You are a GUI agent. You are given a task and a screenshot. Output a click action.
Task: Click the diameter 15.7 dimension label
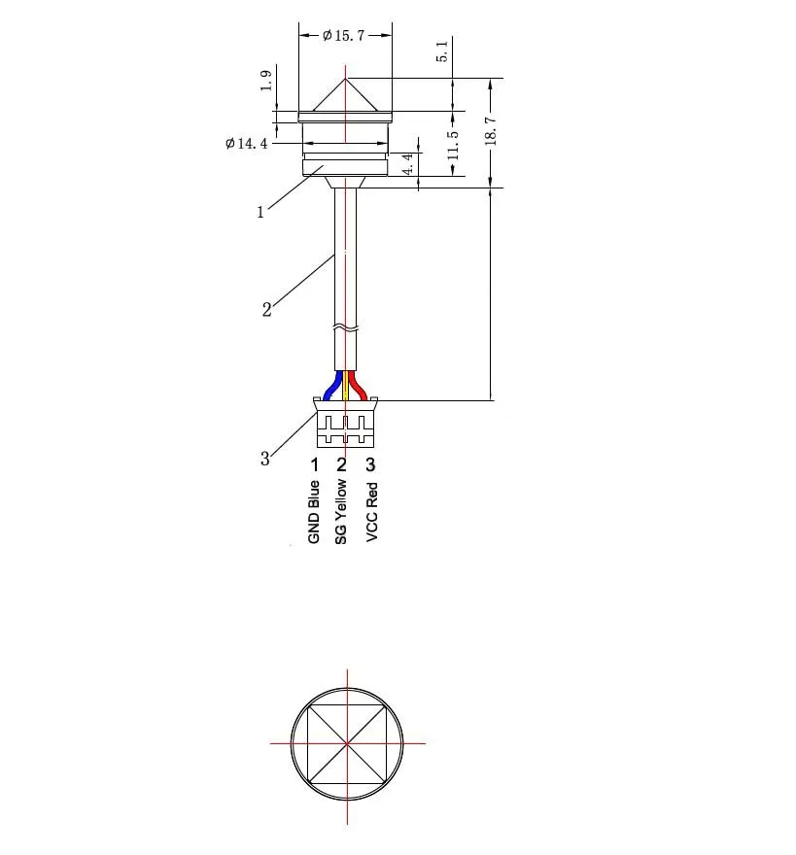(x=343, y=36)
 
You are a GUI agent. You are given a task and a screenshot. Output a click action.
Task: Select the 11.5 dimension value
(x=453, y=144)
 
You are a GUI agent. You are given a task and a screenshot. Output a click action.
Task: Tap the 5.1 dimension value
(x=442, y=51)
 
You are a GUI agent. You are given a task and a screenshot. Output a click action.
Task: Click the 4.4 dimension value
(x=408, y=162)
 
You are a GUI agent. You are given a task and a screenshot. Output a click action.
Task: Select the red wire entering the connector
(x=359, y=385)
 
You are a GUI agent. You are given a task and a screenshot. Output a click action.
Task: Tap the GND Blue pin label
(x=314, y=511)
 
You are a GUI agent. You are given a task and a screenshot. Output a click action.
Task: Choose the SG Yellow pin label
(x=341, y=511)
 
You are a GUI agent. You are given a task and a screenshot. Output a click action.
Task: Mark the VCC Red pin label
(x=371, y=512)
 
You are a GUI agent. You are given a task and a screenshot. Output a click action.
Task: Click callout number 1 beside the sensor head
(x=260, y=213)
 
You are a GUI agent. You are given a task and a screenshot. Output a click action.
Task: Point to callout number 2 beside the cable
(x=266, y=310)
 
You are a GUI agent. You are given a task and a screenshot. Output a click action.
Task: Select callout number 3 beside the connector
(x=265, y=459)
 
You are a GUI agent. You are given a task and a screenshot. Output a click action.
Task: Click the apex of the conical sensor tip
(x=347, y=78)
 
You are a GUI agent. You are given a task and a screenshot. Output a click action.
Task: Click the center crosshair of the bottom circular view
(x=347, y=743)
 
